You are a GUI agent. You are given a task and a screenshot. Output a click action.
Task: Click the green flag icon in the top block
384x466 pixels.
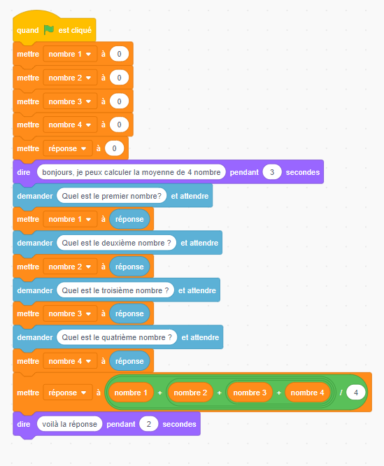(x=49, y=29)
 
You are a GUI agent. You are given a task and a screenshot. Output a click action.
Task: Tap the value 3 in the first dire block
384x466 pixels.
(x=272, y=172)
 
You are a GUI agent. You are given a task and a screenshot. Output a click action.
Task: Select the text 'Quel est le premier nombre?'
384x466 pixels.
(x=111, y=196)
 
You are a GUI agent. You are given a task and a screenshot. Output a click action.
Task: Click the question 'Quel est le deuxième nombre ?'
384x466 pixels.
(x=116, y=243)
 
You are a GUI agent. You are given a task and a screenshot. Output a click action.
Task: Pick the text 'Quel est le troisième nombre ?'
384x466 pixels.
(x=115, y=290)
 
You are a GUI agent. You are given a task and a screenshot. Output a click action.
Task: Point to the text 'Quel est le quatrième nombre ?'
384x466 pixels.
(x=117, y=337)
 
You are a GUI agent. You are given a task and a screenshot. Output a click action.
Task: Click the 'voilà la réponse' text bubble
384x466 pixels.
(x=69, y=424)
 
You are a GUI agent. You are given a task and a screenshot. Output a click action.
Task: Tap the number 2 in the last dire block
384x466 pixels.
(x=148, y=424)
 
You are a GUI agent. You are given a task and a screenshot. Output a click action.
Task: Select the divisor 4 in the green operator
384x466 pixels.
(x=356, y=393)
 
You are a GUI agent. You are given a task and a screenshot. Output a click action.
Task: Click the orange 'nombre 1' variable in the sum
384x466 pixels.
(x=131, y=393)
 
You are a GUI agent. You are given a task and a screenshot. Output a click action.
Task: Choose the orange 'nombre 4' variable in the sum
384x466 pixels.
(x=307, y=393)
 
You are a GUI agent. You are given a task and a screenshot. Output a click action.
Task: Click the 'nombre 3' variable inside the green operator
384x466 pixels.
(x=250, y=393)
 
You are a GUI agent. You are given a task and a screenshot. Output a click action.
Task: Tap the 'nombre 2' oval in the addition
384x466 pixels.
(x=190, y=393)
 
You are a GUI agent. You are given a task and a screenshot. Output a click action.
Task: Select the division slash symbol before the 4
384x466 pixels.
(x=341, y=393)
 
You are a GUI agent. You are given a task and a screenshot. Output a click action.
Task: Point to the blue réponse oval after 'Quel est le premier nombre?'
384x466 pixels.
(x=129, y=219)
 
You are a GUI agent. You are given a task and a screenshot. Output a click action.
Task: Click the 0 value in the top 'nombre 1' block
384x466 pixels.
(x=119, y=54)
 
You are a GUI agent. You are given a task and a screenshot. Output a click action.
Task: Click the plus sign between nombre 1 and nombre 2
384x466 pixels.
(x=160, y=393)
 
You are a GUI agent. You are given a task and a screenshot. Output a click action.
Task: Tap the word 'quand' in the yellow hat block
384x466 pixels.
(x=28, y=30)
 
